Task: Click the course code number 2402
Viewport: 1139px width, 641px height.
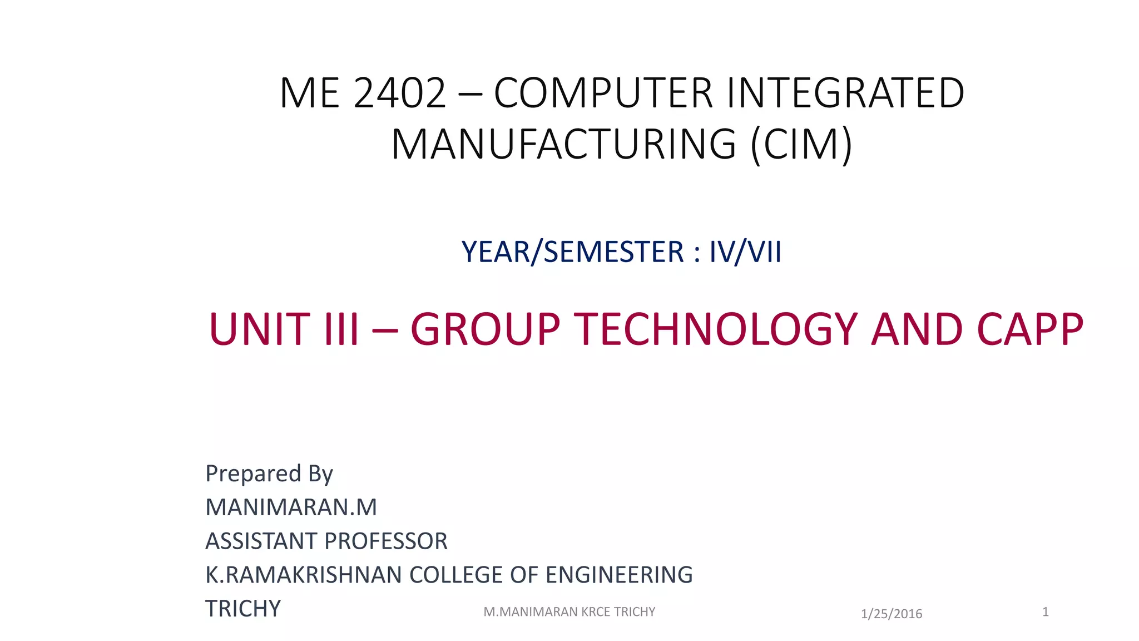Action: pyautogui.click(x=399, y=93)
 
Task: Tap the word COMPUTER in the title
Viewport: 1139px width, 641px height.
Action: pyautogui.click(x=603, y=93)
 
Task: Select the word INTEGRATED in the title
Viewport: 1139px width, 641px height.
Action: pyautogui.click(x=845, y=93)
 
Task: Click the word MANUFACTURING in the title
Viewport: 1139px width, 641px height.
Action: pyautogui.click(x=564, y=145)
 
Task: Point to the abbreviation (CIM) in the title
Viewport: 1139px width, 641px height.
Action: pyautogui.click(x=801, y=145)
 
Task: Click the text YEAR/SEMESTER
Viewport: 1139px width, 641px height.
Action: pyautogui.click(x=573, y=252)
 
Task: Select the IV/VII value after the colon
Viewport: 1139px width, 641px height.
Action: pyautogui.click(x=745, y=252)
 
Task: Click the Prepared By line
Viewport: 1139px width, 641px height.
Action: pyautogui.click(x=269, y=474)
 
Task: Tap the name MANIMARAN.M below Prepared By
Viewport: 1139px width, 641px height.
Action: pyautogui.click(x=291, y=507)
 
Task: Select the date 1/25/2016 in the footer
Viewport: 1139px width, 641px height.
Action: pyautogui.click(x=892, y=614)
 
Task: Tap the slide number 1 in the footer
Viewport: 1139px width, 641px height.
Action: pyautogui.click(x=1046, y=612)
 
